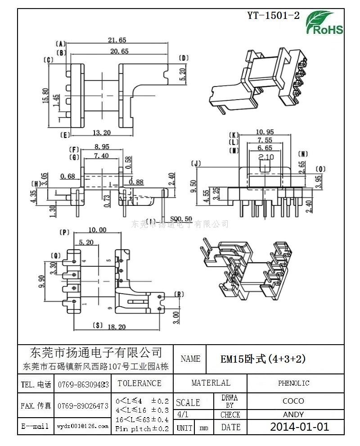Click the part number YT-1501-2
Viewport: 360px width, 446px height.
click(273, 15)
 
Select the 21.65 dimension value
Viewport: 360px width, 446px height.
click(117, 40)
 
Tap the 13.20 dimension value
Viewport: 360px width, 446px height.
click(102, 132)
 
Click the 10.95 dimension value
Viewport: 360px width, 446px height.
click(265, 132)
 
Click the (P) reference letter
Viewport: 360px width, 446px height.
click(64, 232)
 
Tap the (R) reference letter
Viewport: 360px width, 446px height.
click(179, 295)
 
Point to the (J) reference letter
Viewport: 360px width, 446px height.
click(195, 163)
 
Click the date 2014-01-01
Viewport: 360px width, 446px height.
click(299, 427)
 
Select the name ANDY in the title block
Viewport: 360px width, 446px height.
click(293, 414)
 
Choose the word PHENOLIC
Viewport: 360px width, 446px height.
click(293, 383)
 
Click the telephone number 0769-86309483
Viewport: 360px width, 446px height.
click(83, 384)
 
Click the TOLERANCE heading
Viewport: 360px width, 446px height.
click(139, 383)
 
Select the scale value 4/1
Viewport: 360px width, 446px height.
click(183, 414)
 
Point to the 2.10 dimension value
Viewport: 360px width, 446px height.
click(266, 157)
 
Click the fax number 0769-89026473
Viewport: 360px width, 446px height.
click(83, 406)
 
